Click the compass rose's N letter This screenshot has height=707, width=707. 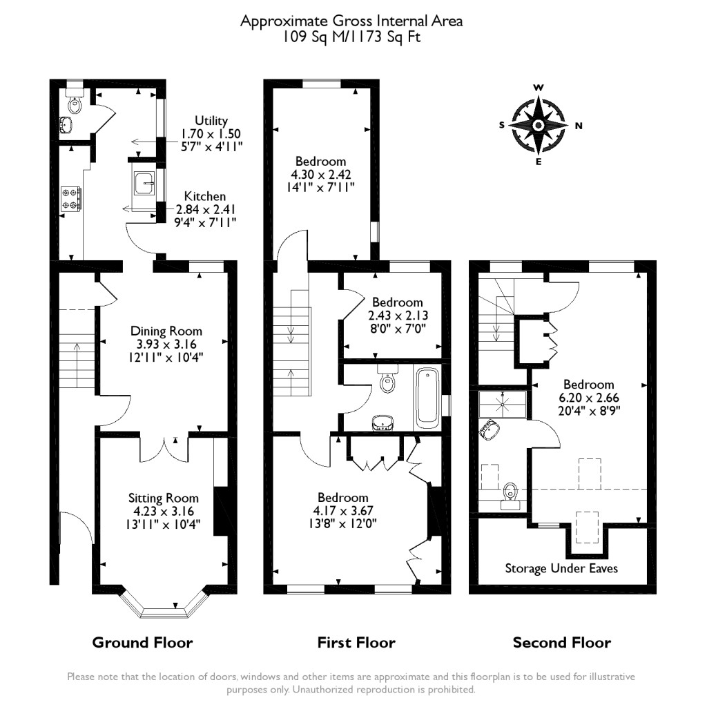pyautogui.click(x=579, y=126)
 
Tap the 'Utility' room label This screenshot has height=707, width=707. pyautogui.click(x=211, y=121)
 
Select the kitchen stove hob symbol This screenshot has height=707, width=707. pyautogui.click(x=72, y=198)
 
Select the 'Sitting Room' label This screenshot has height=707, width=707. pyautogui.click(x=164, y=498)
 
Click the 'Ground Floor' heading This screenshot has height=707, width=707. pyautogui.click(x=142, y=643)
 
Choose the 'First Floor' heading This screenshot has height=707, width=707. pyautogui.click(x=356, y=643)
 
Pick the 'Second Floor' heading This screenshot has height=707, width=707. pyautogui.click(x=561, y=643)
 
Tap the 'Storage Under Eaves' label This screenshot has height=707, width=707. pyautogui.click(x=561, y=569)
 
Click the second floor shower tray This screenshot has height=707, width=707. pyautogui.click(x=503, y=404)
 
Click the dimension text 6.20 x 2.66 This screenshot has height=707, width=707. pyautogui.click(x=588, y=397)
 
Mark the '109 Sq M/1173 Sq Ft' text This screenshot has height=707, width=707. pyautogui.click(x=351, y=36)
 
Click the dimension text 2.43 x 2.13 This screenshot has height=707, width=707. pyautogui.click(x=397, y=315)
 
